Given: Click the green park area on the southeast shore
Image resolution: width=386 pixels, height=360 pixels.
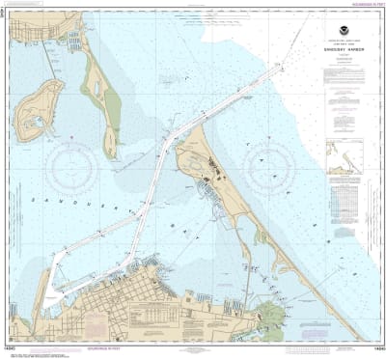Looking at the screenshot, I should pyautogui.click(x=271, y=315).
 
